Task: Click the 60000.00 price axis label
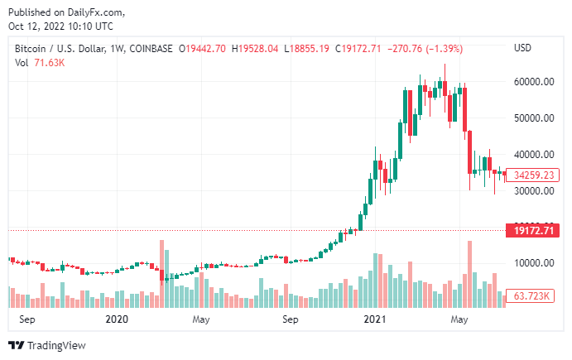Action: (x=531, y=82)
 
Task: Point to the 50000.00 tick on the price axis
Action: (x=531, y=118)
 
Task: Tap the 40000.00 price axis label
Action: (x=531, y=155)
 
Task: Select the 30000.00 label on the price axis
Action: (x=531, y=191)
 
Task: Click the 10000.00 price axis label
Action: (x=531, y=264)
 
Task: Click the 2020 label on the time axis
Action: (x=118, y=319)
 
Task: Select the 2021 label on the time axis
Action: (x=377, y=319)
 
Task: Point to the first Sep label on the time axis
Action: (x=27, y=319)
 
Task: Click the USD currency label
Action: (x=522, y=47)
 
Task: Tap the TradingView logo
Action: (x=46, y=345)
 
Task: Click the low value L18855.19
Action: (x=309, y=48)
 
